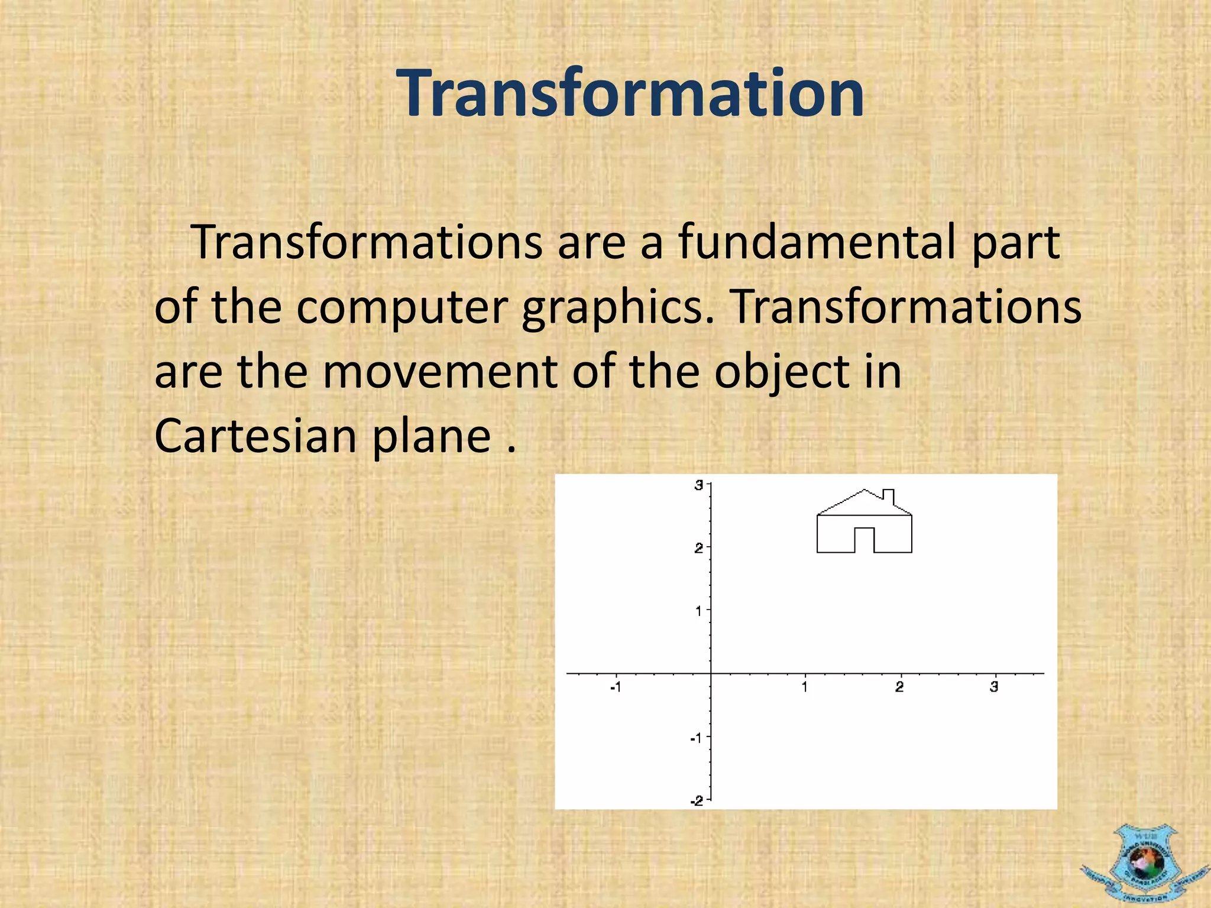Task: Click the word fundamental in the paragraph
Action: tap(817, 242)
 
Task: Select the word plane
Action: tap(432, 436)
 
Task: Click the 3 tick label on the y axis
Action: tap(698, 485)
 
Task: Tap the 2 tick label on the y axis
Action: tap(698, 548)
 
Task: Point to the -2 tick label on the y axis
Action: tap(697, 800)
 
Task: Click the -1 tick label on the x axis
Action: tap(616, 687)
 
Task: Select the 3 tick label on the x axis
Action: tap(994, 687)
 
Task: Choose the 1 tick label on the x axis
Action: tap(805, 687)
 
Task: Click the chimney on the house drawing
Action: tap(888, 496)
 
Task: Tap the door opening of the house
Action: tap(864, 540)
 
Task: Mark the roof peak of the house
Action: tap(865, 490)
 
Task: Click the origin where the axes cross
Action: tap(711, 673)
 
